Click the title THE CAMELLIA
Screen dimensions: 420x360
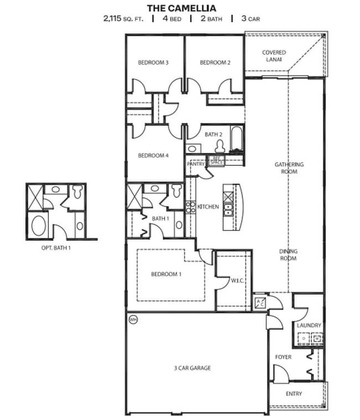[x=181, y=8]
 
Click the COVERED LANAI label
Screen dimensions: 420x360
[x=274, y=56]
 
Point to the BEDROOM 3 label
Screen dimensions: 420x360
[x=153, y=63]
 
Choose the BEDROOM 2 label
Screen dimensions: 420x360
[x=215, y=63]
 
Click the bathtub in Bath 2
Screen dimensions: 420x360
[x=236, y=140]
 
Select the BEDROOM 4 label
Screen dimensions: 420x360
[x=153, y=156]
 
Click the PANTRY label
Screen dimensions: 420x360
[x=196, y=164]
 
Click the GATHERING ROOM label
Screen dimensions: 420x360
[x=289, y=168]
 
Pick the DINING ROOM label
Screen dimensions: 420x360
[x=288, y=255]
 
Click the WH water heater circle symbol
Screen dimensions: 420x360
[x=133, y=320]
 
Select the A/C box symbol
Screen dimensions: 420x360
[x=260, y=303]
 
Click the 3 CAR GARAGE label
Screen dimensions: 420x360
[x=193, y=368]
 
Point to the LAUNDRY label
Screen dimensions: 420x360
[x=308, y=325]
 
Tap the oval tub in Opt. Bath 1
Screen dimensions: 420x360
[x=39, y=227]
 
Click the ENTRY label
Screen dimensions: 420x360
[x=294, y=394]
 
